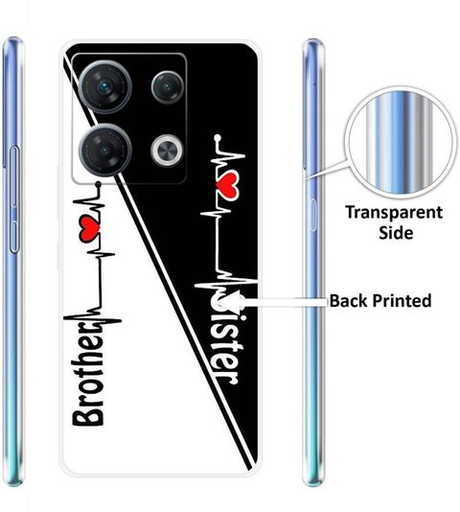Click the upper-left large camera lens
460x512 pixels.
[x=105, y=87]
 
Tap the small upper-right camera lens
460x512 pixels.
[x=168, y=87]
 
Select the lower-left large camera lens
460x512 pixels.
[x=105, y=151]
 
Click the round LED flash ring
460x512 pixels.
[x=167, y=151]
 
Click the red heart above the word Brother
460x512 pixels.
[x=89, y=229]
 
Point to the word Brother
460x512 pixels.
[x=87, y=373]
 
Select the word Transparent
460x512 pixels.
[x=394, y=214]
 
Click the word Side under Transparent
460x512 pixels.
[x=396, y=233]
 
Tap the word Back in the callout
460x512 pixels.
[x=348, y=300]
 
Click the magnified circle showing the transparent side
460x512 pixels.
[x=401, y=142]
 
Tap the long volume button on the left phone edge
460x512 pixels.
[x=14, y=199]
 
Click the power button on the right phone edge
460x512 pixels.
[x=313, y=215]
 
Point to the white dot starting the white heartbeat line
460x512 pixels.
[x=218, y=138]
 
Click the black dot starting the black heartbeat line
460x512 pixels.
[x=99, y=185]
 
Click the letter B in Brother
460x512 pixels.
[x=87, y=414]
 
